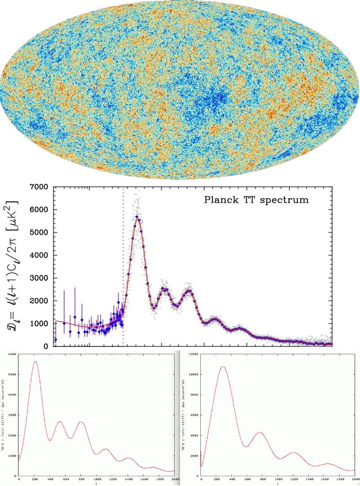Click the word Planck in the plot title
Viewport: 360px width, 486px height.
tap(221, 199)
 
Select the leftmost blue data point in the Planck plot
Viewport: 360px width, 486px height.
tap(56, 340)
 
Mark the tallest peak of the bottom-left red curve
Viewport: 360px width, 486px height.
tap(35, 362)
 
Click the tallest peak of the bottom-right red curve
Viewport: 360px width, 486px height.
tap(222, 367)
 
